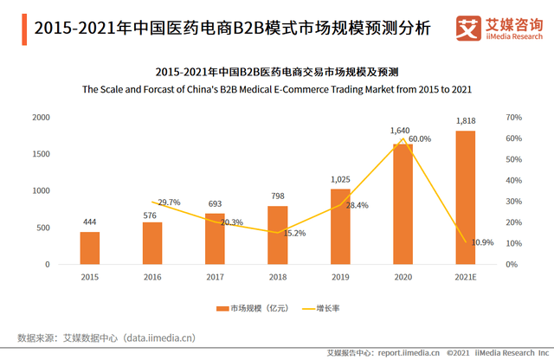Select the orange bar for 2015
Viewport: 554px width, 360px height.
[90, 247]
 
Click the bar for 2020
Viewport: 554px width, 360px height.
[402, 203]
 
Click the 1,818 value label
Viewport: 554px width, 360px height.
[466, 122]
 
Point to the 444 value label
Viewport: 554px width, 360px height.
[90, 222]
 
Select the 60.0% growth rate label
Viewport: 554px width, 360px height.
[420, 138]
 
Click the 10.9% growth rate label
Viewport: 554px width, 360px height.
[482, 243]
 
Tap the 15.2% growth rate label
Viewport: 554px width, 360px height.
[295, 233]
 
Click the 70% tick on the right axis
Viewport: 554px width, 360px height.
[512, 117]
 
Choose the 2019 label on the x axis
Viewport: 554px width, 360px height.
[339, 277]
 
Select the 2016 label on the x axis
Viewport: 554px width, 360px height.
[152, 277]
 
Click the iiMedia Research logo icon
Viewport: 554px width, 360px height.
[467, 28]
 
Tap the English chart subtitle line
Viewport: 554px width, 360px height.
[277, 88]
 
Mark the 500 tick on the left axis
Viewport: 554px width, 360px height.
[42, 228]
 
